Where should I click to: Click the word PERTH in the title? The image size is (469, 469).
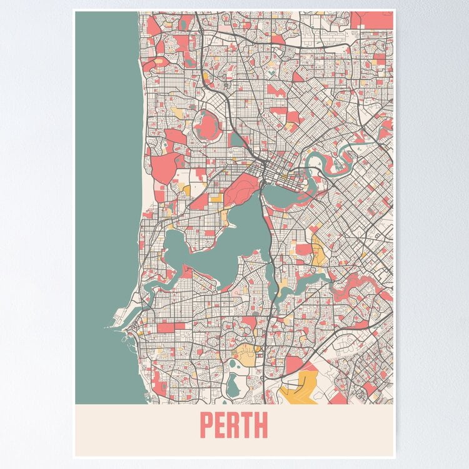pos(233,426)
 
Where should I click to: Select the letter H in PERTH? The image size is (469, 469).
pos(261,426)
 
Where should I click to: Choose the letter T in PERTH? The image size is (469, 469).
pos(247,426)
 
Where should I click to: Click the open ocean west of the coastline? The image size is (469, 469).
pos(106,188)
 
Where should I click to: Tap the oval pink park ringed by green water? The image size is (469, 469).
pos(208,125)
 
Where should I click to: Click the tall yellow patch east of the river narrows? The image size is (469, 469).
pos(319,250)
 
